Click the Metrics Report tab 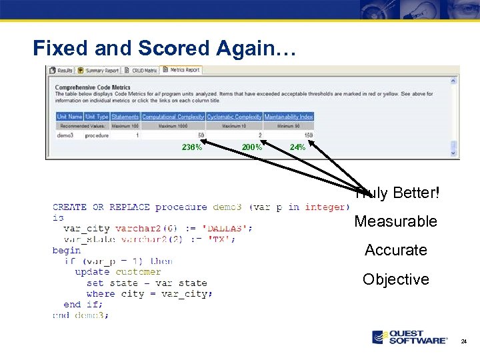[183, 70]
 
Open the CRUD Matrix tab [143, 70]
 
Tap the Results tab [62, 70]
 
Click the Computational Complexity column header [173, 117]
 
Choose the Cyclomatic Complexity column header [234, 117]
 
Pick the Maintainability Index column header [288, 117]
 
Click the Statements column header [125, 117]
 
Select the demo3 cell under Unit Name [65, 135]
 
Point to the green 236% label [192, 147]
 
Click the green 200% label [251, 147]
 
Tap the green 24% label [297, 147]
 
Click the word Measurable [395, 221]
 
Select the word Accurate [395, 250]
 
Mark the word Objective [395, 279]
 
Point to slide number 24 [464, 341]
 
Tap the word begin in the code [67, 251]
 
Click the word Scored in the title [175, 48]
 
